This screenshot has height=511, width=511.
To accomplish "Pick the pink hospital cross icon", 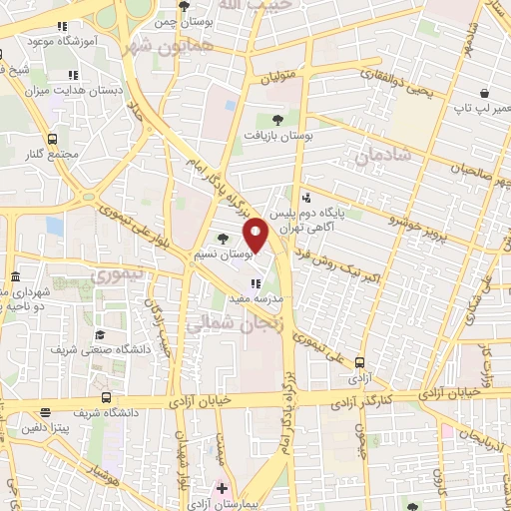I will point(222,489).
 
